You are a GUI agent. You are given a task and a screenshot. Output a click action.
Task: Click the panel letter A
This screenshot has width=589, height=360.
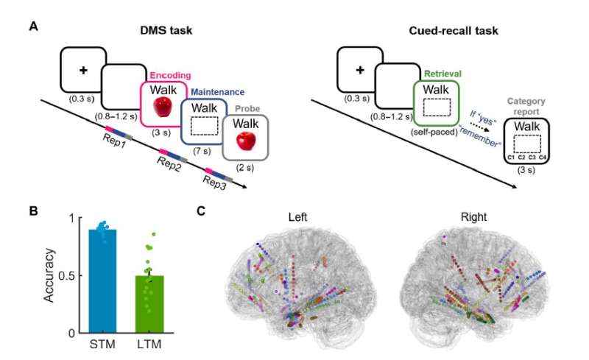(34, 27)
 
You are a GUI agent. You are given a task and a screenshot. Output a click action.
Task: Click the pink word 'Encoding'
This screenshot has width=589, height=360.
(170, 75)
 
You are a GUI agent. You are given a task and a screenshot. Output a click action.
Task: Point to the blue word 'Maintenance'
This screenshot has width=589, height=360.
(218, 92)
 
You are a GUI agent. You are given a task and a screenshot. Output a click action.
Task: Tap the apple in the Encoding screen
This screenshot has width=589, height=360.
(163, 108)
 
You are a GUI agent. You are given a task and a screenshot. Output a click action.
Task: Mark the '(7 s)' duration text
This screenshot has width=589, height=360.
(202, 150)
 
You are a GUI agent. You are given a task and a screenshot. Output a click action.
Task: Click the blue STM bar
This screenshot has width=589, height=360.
(107, 280)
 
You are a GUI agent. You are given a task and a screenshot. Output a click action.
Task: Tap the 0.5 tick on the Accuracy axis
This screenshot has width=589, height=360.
(73, 276)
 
